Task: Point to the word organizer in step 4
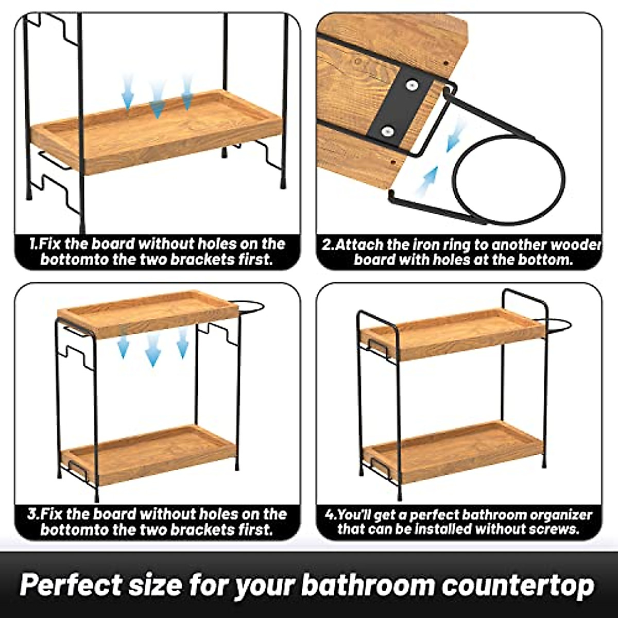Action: pos(561,514)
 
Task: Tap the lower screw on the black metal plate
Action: pos(386,132)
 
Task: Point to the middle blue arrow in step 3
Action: pos(152,350)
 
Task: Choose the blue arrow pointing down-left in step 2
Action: pos(455,136)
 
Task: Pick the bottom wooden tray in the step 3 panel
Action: pos(149,453)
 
